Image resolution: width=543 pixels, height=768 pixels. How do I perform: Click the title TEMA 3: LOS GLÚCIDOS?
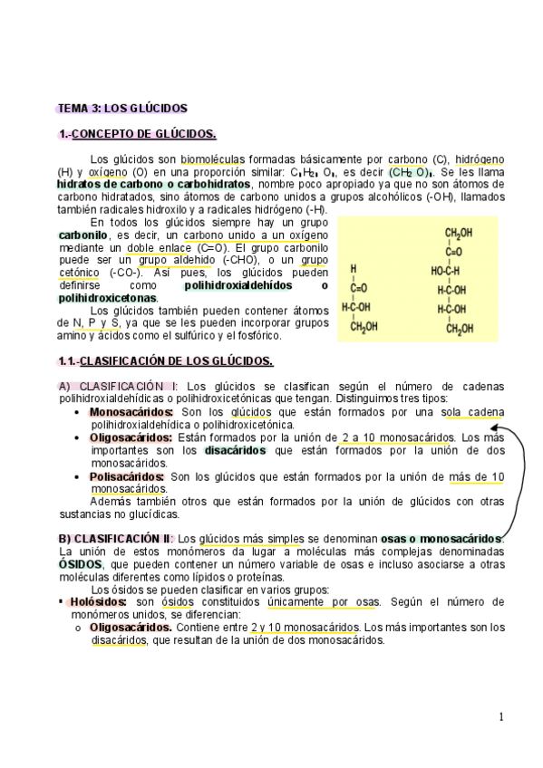[x=122, y=109]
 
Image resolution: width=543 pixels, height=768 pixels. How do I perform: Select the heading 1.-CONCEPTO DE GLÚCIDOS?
[x=137, y=135]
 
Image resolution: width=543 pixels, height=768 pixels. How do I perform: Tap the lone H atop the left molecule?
[x=354, y=269]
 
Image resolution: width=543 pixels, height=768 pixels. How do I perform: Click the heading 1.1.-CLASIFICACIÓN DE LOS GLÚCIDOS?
[x=165, y=361]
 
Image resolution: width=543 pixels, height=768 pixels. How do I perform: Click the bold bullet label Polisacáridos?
[x=127, y=476]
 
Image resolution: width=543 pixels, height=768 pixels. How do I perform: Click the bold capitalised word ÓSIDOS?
[x=80, y=563]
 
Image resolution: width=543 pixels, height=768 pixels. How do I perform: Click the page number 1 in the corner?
[x=500, y=717]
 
